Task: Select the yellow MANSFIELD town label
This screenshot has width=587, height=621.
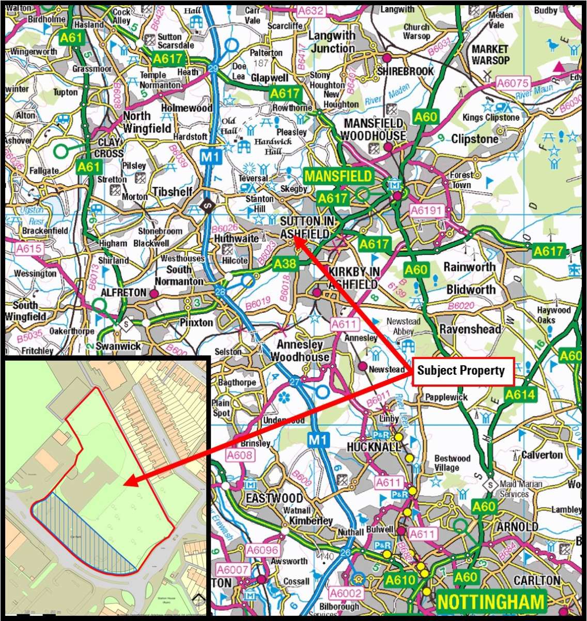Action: [338, 176]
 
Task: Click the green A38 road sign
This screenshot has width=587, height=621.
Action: [285, 264]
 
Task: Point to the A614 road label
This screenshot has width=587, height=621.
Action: [520, 395]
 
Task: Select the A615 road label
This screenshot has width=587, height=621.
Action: [28, 249]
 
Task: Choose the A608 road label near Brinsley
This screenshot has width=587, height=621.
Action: [240, 455]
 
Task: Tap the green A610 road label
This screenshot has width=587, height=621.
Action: [400, 580]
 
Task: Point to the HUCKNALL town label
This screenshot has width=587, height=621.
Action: [374, 446]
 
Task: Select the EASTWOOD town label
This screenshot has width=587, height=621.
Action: [274, 498]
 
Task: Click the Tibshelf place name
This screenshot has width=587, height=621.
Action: [172, 192]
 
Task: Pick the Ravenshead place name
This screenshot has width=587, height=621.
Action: [470, 329]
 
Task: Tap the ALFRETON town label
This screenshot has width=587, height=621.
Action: [123, 293]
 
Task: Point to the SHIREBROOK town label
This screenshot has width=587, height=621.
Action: [405, 71]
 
